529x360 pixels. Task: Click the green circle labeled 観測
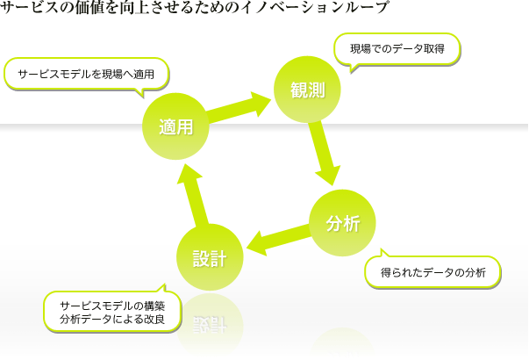click(x=307, y=90)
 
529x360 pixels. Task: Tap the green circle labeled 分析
click(x=343, y=223)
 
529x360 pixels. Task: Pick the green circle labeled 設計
click(x=210, y=257)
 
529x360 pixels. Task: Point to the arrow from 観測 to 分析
click(x=325, y=154)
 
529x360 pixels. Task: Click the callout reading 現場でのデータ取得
click(x=397, y=48)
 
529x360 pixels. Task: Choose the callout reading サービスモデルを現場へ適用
click(x=86, y=75)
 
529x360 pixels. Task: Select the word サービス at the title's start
click(x=25, y=8)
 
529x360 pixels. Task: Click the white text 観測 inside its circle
click(x=306, y=90)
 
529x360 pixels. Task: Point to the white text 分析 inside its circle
click(x=343, y=223)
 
